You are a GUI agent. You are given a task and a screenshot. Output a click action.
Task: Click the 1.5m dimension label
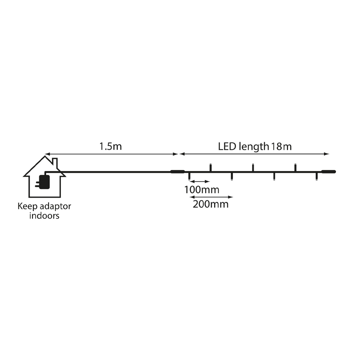click(x=111, y=147)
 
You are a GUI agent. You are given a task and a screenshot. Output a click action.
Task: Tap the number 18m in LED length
click(x=282, y=147)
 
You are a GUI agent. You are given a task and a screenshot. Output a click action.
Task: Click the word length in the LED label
click(x=254, y=147)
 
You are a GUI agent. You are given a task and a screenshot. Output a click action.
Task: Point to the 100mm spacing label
click(x=202, y=190)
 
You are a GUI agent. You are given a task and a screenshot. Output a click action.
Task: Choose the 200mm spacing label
click(x=211, y=204)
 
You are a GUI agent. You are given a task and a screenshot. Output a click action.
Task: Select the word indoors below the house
click(x=44, y=216)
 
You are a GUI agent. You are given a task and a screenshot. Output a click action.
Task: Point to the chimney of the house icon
click(x=55, y=163)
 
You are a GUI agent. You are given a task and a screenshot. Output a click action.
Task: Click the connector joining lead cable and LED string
click(x=177, y=171)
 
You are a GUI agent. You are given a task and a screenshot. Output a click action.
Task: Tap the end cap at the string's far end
click(x=329, y=171)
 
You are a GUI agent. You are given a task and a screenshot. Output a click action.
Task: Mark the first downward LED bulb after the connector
click(x=189, y=176)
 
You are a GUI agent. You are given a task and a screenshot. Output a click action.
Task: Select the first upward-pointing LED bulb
click(x=210, y=167)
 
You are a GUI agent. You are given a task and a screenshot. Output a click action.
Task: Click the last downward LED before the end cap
click(x=316, y=176)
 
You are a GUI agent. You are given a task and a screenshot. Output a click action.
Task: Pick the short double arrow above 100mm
click(x=199, y=181)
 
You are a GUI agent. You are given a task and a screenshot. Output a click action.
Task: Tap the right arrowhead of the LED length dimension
click(x=327, y=154)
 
